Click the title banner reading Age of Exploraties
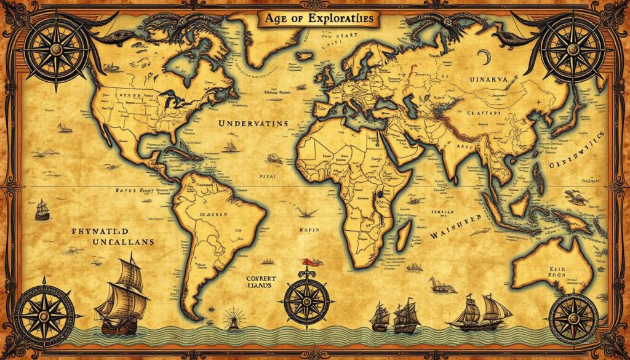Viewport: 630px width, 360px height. click(319, 19)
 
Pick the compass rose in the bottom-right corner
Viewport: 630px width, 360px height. click(573, 317)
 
